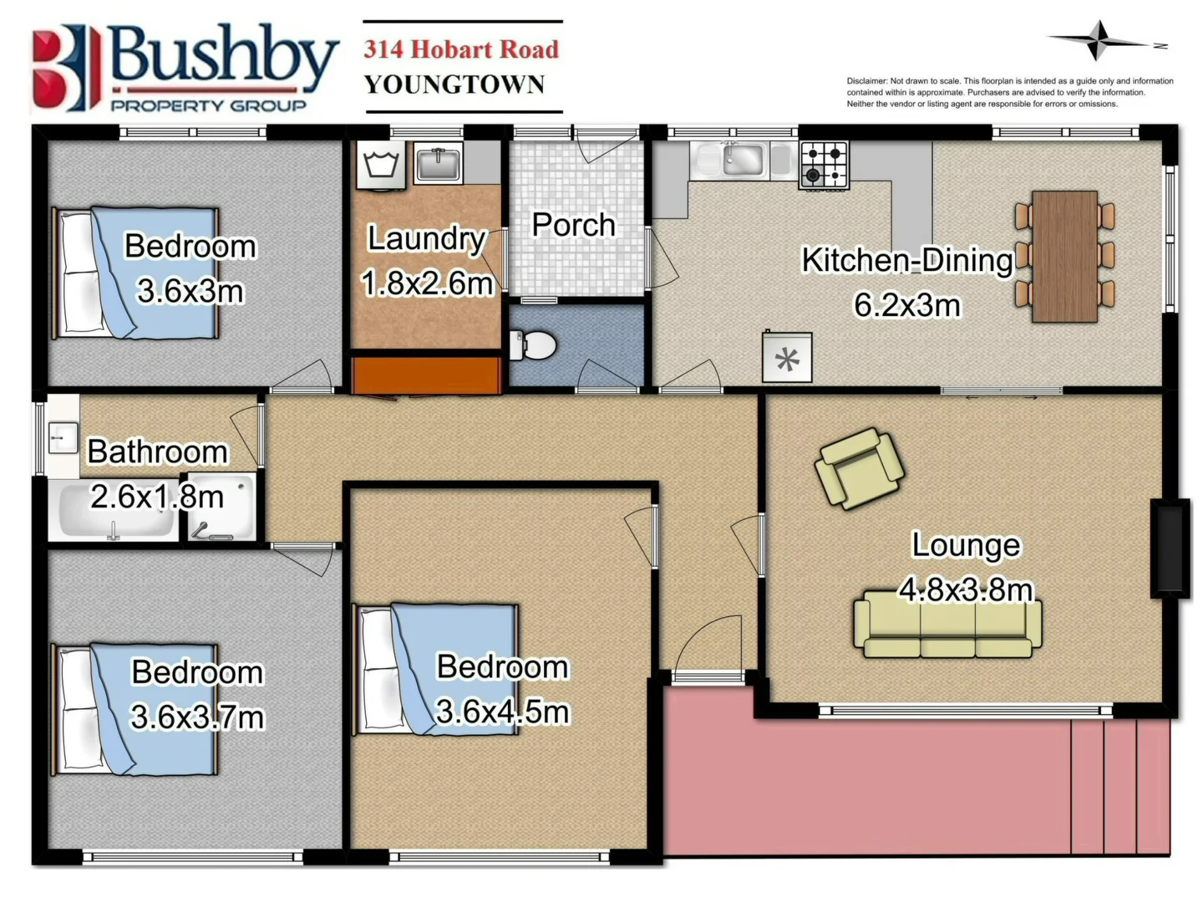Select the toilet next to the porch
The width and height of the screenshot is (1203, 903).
tap(535, 344)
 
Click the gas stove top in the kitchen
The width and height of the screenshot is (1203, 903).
tap(824, 165)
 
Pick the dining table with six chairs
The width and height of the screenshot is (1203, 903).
tap(1064, 256)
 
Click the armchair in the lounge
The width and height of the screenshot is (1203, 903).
tap(859, 468)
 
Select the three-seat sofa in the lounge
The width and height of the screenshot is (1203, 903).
tap(947, 624)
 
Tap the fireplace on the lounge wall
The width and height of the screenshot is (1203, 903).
tap(1170, 548)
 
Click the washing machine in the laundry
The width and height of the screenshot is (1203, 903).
tap(381, 165)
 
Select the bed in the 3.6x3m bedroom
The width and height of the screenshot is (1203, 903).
tap(135, 273)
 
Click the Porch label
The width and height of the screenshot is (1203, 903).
tap(574, 225)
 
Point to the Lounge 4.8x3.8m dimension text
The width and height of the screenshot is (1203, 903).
tap(966, 590)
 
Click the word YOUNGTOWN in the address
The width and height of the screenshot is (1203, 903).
tap(454, 84)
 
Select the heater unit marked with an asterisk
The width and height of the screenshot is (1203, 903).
tap(787, 359)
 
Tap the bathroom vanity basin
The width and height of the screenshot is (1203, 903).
tap(62, 437)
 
